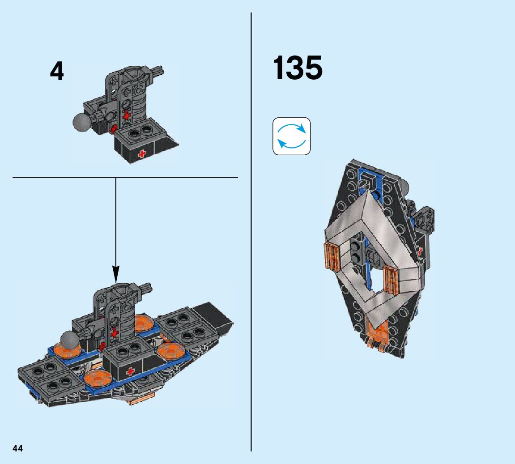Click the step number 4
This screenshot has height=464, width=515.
click(x=57, y=72)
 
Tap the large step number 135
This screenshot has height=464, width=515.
click(x=298, y=68)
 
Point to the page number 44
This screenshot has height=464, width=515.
click(x=18, y=449)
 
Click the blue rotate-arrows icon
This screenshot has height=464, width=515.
click(x=292, y=136)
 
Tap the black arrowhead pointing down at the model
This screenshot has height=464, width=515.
click(x=116, y=274)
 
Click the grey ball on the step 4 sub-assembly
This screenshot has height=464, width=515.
click(x=81, y=122)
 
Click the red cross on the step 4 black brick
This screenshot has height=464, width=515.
click(x=143, y=154)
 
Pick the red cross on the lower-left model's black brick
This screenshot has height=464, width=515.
click(x=131, y=371)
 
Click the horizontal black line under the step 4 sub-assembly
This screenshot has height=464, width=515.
click(x=125, y=178)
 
